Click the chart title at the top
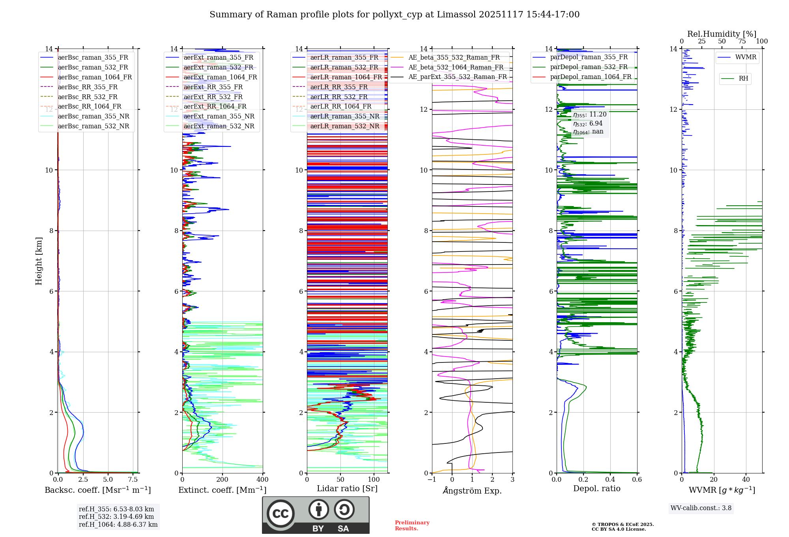(x=394, y=15)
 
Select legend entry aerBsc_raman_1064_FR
(x=95, y=77)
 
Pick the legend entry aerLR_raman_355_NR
(x=344, y=116)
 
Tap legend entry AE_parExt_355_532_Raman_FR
(x=457, y=77)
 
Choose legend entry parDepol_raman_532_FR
(x=589, y=67)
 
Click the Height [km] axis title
(x=39, y=261)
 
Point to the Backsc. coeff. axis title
(x=97, y=490)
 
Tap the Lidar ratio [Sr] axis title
(x=347, y=488)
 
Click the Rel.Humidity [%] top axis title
(x=722, y=34)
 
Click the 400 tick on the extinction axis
(x=262, y=480)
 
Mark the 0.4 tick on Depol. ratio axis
(x=610, y=480)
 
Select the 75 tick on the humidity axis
(x=742, y=41)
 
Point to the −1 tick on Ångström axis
(x=432, y=480)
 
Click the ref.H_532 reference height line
(x=116, y=516)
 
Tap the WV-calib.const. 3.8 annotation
(x=701, y=508)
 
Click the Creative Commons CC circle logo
(x=280, y=514)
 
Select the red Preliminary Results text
(x=412, y=526)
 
